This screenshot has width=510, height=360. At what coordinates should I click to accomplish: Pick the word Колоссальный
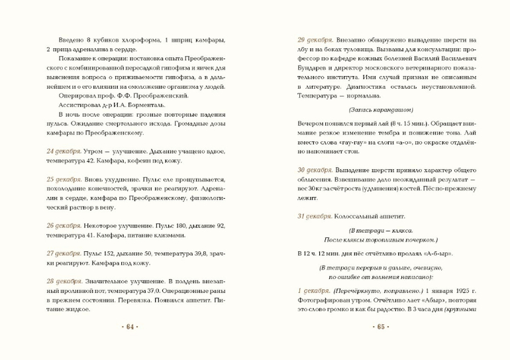click(x=358, y=216)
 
